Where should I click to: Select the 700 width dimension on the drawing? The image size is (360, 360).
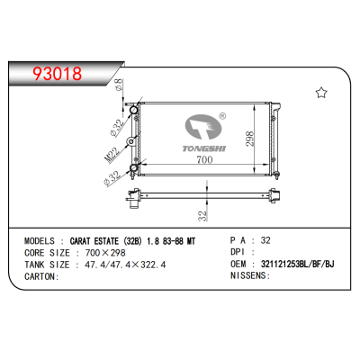204,159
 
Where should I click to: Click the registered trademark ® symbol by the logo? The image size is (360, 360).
222,115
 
